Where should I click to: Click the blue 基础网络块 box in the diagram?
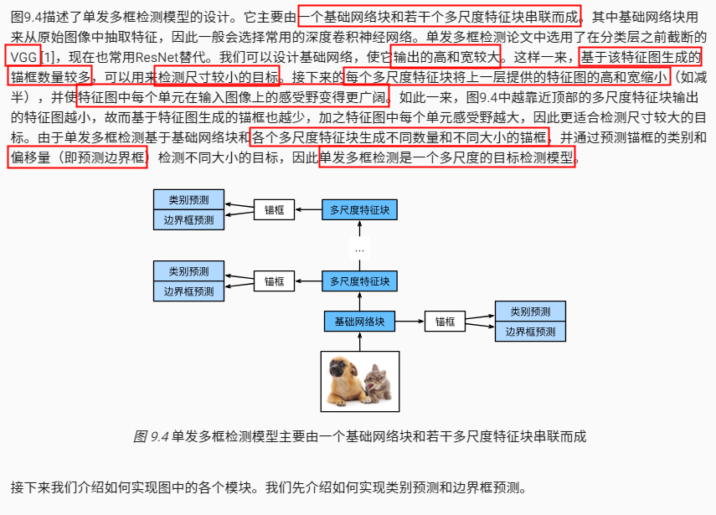[359, 322]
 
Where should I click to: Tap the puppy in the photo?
[347, 379]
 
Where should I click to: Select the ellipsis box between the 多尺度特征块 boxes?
[359, 249]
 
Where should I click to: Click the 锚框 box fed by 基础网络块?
[445, 322]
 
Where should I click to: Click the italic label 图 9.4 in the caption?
[152, 436]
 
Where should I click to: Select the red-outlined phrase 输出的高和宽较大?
[446, 56]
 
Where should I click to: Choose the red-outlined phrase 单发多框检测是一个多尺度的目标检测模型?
[447, 157]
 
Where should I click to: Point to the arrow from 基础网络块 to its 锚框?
[410, 322]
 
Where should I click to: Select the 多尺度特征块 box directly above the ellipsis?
[359, 209]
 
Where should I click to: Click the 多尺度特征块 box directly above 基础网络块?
[359, 281]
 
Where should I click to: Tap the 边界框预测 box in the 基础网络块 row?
[529, 332]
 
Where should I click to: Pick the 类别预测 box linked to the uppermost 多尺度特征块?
[189, 200]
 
